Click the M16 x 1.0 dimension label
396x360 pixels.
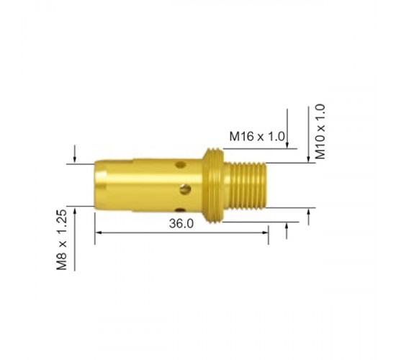257,137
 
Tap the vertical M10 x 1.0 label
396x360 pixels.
320,131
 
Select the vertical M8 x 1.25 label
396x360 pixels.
62,240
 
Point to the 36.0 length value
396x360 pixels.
181,224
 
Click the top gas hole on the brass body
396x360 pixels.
180,165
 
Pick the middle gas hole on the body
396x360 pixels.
185,189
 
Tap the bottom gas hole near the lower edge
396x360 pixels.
180,210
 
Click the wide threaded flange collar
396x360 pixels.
213,186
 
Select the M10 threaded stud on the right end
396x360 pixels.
245,186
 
